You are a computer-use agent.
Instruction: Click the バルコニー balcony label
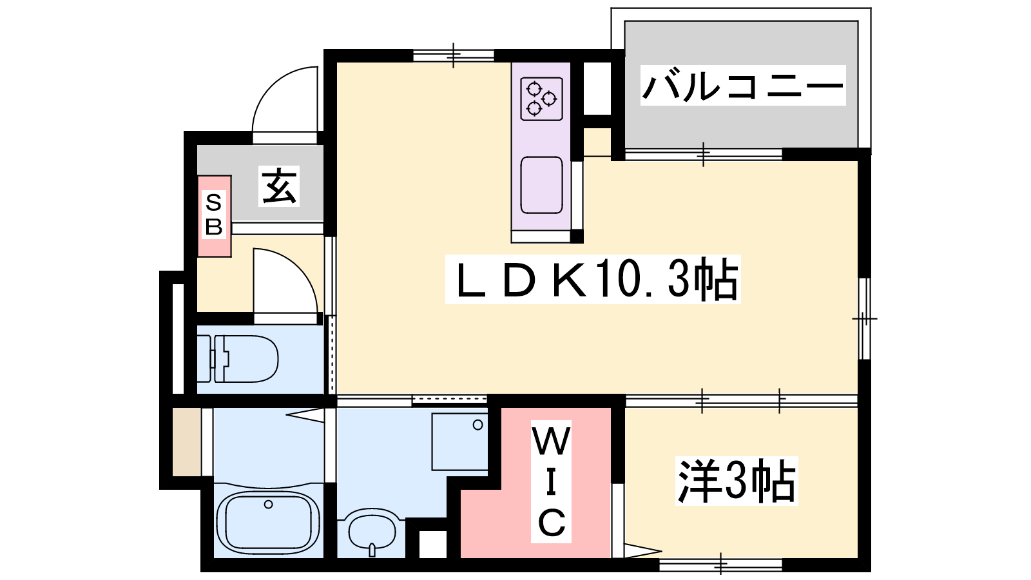point(743,85)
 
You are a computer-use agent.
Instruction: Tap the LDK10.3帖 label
point(593,280)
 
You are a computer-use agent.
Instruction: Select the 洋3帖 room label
point(737,481)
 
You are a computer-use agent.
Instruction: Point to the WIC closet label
point(551,481)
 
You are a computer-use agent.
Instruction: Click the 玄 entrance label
point(279,186)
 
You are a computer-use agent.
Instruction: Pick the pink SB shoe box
point(214,216)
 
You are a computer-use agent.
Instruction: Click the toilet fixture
point(238,358)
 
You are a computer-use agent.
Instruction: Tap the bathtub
point(268,524)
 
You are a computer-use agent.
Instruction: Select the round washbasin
point(372,531)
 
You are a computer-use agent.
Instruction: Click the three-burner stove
point(541,99)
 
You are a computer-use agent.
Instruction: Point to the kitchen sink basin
point(542,185)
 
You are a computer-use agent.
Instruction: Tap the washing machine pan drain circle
point(477,425)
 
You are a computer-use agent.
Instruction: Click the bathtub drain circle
point(268,505)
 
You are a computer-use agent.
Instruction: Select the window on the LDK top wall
point(454,55)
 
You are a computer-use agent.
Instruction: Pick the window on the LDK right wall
point(865,318)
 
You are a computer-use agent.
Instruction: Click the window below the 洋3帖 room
point(721,565)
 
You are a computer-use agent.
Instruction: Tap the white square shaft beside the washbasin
point(432,544)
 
